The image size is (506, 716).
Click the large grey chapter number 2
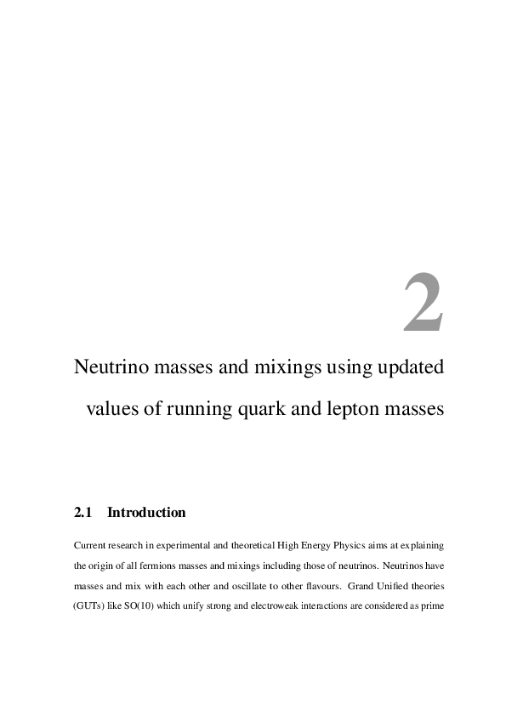coord(423,304)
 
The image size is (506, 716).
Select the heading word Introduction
coord(146,513)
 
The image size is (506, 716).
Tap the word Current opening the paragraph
coord(93,544)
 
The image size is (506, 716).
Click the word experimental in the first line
coord(178,544)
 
